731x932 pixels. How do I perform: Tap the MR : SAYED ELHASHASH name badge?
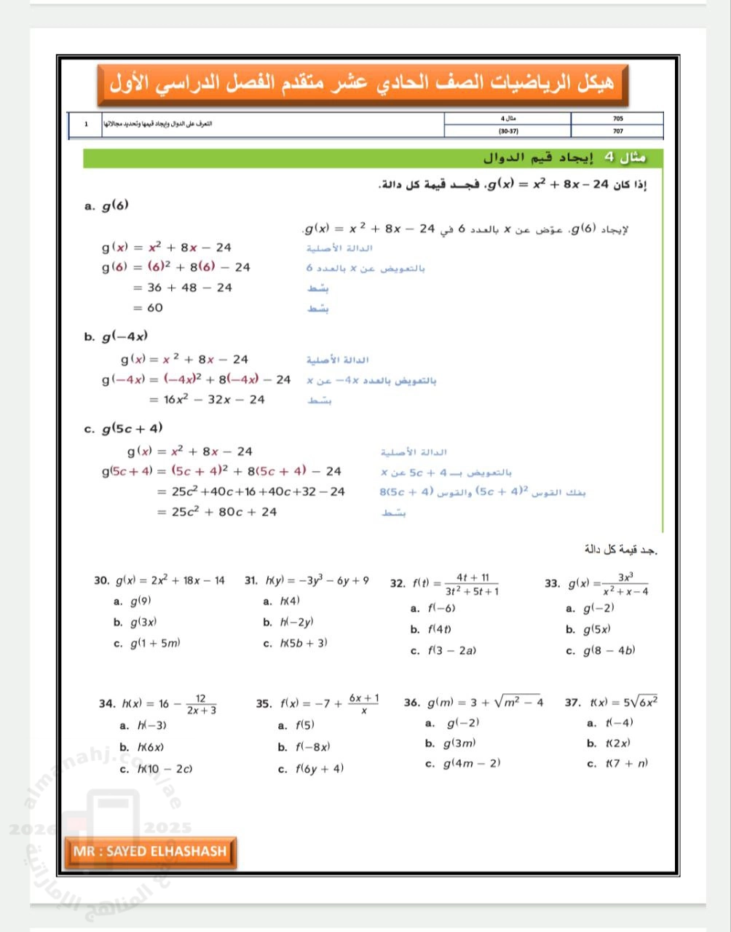(150, 851)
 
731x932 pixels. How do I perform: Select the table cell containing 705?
(617, 118)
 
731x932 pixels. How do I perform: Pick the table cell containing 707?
(617, 131)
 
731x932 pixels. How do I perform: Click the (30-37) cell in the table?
(507, 131)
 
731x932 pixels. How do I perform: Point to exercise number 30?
(101, 581)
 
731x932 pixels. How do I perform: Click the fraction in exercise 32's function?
(472, 584)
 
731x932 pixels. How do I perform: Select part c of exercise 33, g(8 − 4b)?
(609, 650)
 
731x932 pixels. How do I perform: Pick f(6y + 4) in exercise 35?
(319, 769)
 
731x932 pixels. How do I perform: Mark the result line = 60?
(148, 308)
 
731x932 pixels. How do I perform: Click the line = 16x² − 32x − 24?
(207, 400)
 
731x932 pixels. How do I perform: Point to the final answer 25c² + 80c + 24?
(217, 512)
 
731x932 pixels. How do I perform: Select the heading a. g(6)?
(107, 206)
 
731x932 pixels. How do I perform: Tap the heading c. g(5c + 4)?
(125, 428)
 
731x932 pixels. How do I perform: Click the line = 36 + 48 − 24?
(182, 288)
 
